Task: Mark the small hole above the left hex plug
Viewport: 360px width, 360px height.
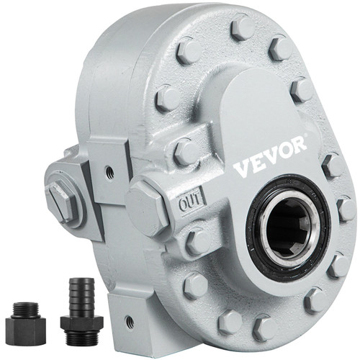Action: (108, 174)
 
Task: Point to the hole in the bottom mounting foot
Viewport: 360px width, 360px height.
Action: (130, 322)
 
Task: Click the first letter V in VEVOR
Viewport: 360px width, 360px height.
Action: (240, 170)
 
